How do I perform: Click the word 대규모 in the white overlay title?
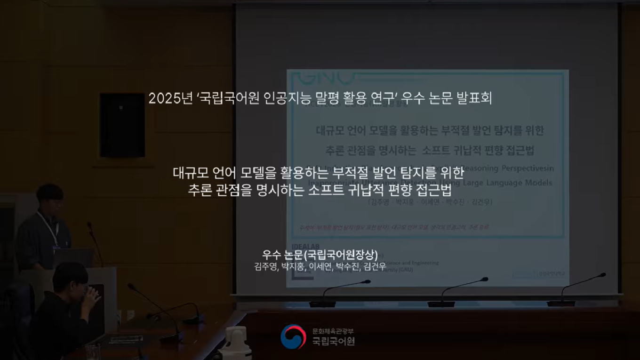pos(190,173)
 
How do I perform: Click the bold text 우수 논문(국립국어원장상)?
pos(320,255)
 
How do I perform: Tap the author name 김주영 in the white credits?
pos(265,267)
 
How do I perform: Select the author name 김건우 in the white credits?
pos(375,267)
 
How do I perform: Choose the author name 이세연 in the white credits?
pos(320,267)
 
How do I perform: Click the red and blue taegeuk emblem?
pos(293,336)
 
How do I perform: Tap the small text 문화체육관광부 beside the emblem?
pos(333,331)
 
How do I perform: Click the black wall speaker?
pos(122,125)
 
